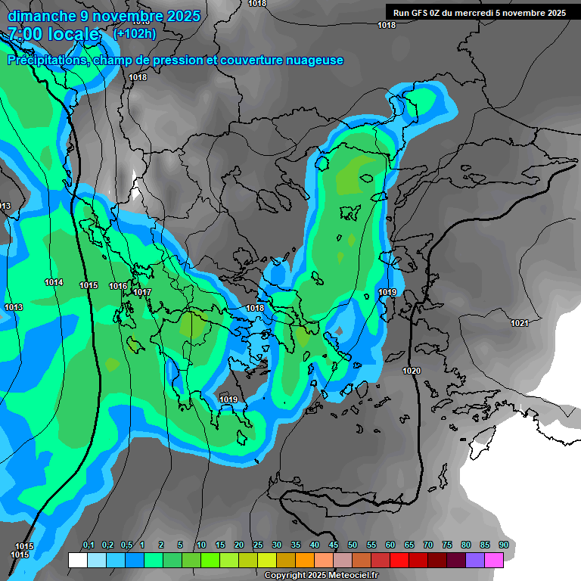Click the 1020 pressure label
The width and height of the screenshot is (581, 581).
click(x=412, y=371)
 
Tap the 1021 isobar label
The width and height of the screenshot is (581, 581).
click(x=519, y=323)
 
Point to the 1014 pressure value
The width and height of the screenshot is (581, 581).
click(x=54, y=282)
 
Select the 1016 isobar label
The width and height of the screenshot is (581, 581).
click(x=118, y=286)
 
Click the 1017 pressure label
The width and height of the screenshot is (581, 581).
click(x=142, y=292)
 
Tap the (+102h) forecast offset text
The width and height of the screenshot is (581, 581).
click(x=135, y=34)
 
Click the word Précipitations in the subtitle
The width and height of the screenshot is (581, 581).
click(x=46, y=61)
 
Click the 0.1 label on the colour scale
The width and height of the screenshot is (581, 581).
click(x=89, y=545)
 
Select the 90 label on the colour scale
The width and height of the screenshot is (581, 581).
click(x=504, y=545)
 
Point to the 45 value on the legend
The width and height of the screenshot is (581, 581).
click(x=334, y=545)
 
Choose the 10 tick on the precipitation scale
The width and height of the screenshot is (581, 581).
click(x=201, y=545)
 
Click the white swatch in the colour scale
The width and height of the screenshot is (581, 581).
click(x=77, y=560)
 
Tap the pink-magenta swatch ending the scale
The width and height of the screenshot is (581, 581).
click(x=493, y=560)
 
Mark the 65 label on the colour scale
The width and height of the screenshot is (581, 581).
click(x=409, y=545)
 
